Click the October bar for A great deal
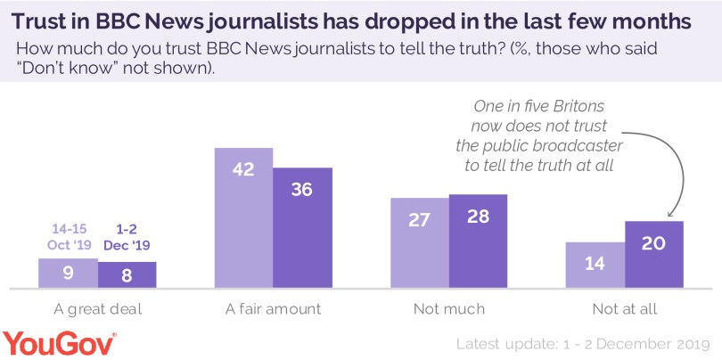click(x=68, y=274)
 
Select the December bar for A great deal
click(x=127, y=274)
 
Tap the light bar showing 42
click(x=243, y=218)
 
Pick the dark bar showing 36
click(x=302, y=228)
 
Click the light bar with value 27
click(x=420, y=243)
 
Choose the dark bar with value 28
click(x=478, y=241)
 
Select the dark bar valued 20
click(x=654, y=255)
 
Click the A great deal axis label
click(x=97, y=309)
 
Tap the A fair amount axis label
click(x=273, y=309)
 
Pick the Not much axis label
click(x=449, y=309)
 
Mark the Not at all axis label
click(x=625, y=309)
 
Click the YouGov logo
click(x=59, y=341)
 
